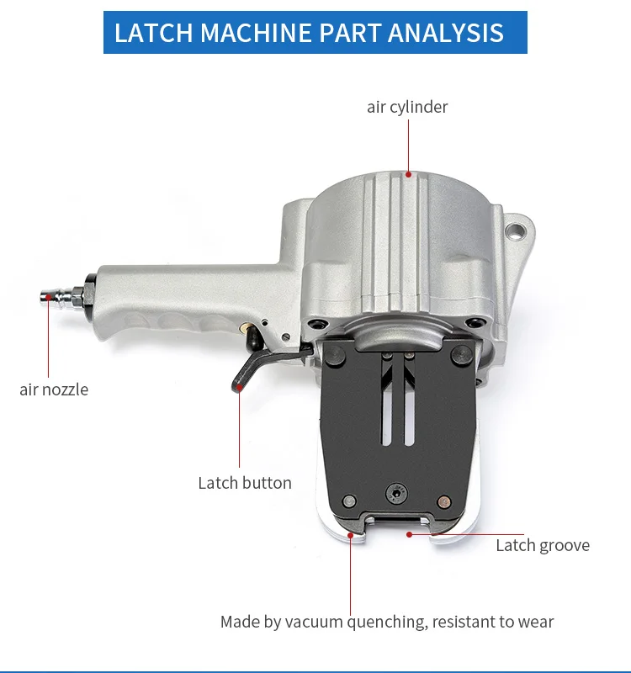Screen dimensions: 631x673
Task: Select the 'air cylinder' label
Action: click(x=407, y=107)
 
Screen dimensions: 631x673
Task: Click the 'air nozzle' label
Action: click(x=54, y=389)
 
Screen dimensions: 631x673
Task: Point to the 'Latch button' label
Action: click(x=245, y=483)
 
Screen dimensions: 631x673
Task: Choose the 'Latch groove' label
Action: click(x=543, y=545)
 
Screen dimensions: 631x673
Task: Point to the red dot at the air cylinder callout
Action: click(x=409, y=176)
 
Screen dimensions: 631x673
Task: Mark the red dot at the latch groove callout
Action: click(x=409, y=533)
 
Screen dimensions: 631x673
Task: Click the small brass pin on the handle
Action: click(x=246, y=324)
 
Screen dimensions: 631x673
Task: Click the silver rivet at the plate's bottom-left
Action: click(x=347, y=502)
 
